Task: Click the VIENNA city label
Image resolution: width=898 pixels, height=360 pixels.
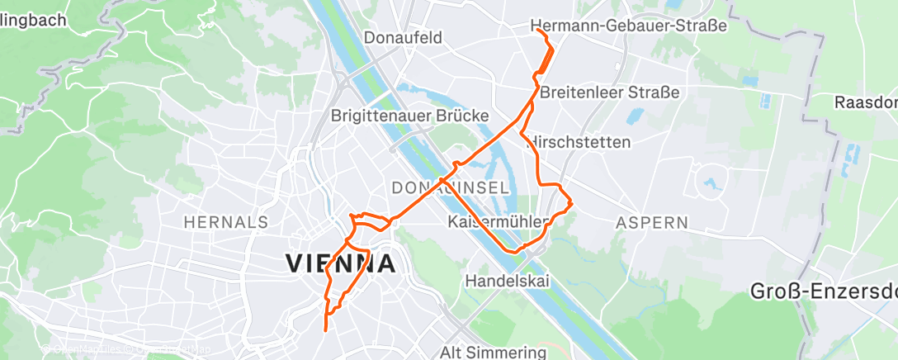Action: coord(340,263)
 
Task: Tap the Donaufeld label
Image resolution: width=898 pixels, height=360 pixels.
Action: coord(404,37)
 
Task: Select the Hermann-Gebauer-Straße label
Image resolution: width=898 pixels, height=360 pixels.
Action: coord(629,26)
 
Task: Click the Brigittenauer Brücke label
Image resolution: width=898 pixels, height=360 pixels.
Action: coord(410,116)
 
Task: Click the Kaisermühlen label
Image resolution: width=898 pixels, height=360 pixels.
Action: coord(499,222)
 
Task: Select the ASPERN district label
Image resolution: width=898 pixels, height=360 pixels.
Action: coord(652,222)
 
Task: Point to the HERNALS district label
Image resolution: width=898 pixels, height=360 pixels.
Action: coord(226,222)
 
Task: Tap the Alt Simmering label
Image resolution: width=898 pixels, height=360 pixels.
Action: coord(494,352)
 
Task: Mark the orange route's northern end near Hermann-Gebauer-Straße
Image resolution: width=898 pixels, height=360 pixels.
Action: coord(537,30)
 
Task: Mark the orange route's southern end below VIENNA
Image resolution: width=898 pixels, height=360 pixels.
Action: coord(326,330)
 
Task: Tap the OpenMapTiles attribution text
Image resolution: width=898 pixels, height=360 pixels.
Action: coord(83,350)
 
